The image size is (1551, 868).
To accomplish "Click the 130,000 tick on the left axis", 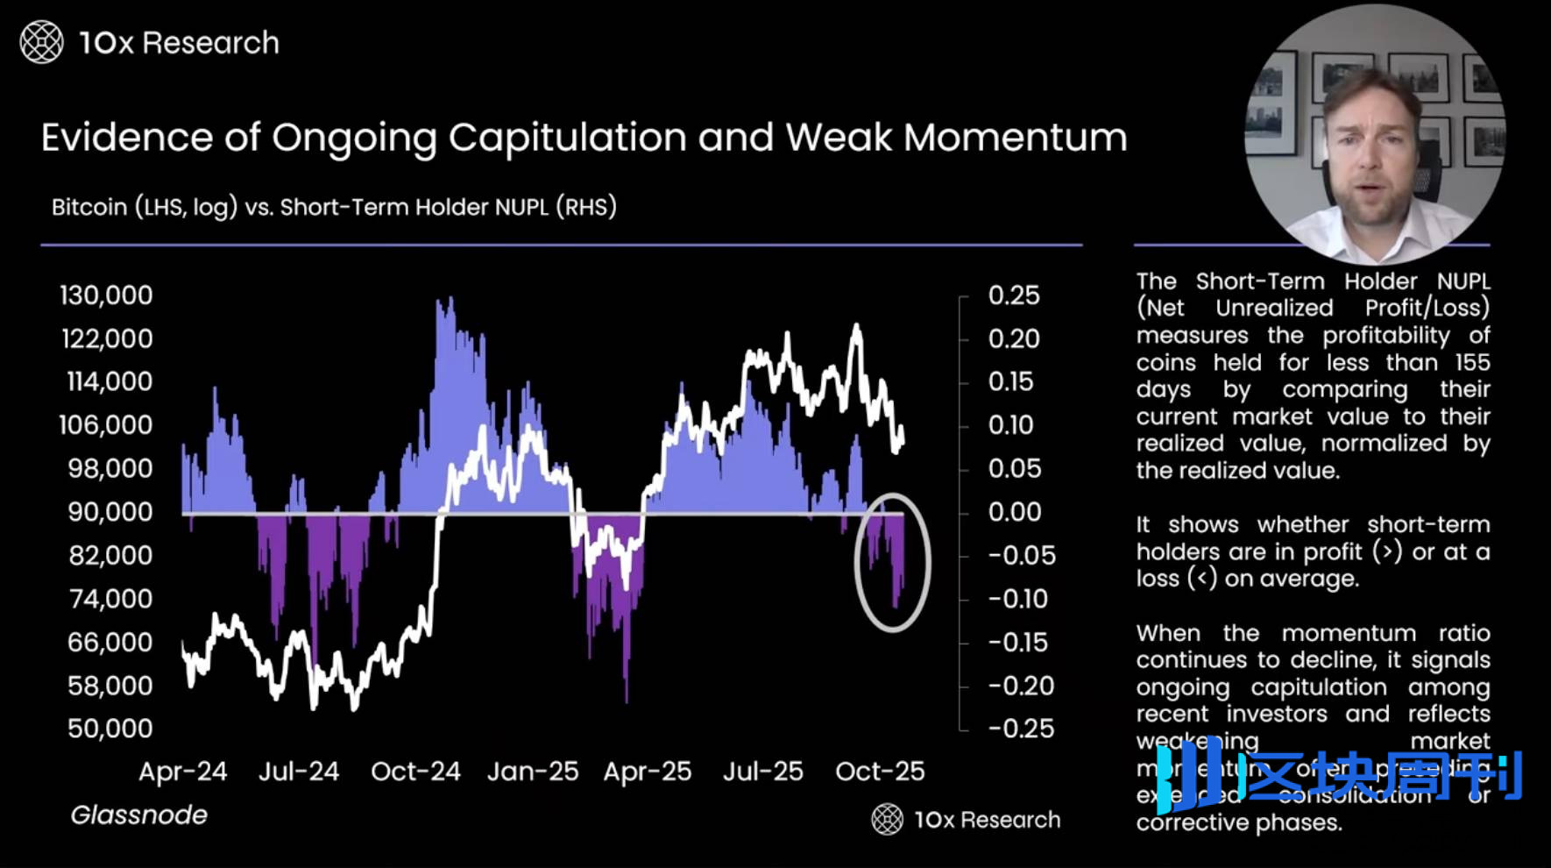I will point(106,295).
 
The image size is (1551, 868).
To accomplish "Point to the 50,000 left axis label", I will point(110,729).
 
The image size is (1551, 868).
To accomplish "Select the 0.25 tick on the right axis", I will point(1014,295).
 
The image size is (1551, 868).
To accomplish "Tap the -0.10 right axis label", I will point(1017,599).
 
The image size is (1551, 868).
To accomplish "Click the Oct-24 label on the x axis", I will point(415,772).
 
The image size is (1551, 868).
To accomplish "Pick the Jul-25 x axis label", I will point(762,772).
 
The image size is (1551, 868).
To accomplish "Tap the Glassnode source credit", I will point(138,815).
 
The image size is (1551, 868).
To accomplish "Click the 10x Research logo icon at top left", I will point(41,42).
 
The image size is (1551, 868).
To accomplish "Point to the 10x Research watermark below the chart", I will point(967,820).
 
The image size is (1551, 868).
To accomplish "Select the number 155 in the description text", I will point(1472,362).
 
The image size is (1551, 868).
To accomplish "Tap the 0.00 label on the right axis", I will point(1015,512).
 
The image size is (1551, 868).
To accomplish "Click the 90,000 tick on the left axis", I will point(110,512).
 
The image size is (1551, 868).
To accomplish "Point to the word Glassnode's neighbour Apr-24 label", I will point(182,772).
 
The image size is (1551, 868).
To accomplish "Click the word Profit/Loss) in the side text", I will point(1427,308).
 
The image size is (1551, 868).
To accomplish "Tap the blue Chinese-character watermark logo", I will point(1341,775).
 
